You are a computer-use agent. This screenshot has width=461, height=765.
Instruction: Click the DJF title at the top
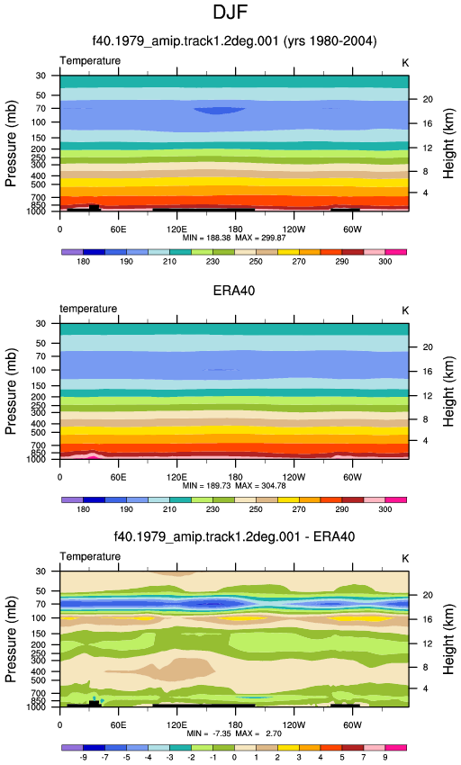coord(230,13)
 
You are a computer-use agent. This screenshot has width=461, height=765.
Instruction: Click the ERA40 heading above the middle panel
coord(234,291)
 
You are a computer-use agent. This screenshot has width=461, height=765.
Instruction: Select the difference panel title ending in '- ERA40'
coord(234,536)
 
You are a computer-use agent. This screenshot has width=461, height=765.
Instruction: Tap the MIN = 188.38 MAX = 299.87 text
coord(234,238)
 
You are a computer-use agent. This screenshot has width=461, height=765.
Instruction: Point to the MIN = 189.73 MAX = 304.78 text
coord(234,486)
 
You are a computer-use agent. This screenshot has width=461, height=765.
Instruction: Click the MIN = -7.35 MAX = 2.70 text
coord(234,733)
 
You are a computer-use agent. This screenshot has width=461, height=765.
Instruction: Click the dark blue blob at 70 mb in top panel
coord(220,111)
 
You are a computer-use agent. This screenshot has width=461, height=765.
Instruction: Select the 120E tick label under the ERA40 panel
coord(176,477)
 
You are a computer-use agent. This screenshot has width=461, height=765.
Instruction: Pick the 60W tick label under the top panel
coord(352,229)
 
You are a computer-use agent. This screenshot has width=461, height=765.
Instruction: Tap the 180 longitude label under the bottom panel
coord(235,725)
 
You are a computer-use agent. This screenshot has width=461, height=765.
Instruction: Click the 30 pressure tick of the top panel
coord(41,76)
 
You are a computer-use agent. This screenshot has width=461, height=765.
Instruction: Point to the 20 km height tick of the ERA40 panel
coord(428,346)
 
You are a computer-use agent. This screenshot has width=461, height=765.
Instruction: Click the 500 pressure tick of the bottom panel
coord(39,680)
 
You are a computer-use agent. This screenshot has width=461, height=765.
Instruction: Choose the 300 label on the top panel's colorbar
coord(384,262)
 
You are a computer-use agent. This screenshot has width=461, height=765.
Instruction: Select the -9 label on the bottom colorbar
coord(83,757)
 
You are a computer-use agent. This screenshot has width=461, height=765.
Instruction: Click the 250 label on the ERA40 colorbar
coord(256,509)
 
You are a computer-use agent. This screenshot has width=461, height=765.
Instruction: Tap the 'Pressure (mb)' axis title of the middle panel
coord(11,391)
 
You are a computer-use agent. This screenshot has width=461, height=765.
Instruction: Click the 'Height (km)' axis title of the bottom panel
coord(448,640)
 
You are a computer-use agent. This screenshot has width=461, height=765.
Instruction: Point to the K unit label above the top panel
coord(405,63)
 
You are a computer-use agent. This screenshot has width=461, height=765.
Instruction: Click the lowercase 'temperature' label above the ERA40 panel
coord(88,309)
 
